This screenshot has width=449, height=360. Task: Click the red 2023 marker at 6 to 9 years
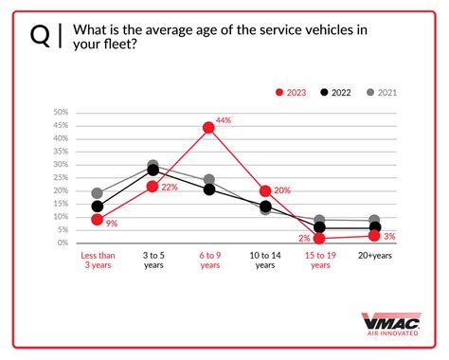coord(208,127)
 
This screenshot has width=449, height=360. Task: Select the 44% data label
coord(224,120)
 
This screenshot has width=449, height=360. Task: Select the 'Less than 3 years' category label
coord(98,261)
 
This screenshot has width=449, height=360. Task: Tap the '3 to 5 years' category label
coord(153,261)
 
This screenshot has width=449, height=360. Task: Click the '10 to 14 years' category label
coord(264,261)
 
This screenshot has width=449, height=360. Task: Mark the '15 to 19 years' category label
coord(320,261)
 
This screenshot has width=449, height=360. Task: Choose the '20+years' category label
coord(375,256)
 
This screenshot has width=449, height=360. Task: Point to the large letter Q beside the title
coord(40,35)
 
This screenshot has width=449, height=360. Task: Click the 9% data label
coord(111,225)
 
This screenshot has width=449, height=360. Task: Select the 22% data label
coord(171,188)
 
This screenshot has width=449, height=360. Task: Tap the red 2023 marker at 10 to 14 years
coord(264,190)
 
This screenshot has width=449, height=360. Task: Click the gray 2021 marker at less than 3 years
coord(97,193)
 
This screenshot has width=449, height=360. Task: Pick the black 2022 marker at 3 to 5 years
coord(153,171)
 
